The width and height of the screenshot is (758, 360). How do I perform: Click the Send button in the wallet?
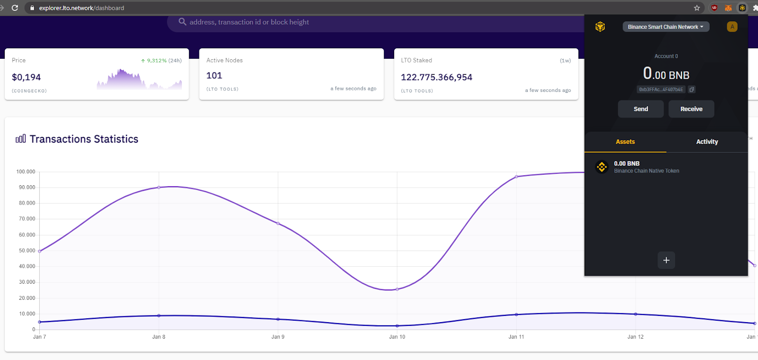click(x=641, y=109)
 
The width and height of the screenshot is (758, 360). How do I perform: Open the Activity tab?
click(x=707, y=142)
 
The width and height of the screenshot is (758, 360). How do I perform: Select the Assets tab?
click(x=625, y=142)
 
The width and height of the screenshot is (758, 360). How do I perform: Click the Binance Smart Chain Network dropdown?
click(x=666, y=27)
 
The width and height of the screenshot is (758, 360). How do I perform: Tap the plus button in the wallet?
click(x=666, y=260)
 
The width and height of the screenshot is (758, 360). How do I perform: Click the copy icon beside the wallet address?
click(x=692, y=90)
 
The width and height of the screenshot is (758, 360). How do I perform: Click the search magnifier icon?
click(x=182, y=22)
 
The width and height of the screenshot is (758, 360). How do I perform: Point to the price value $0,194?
click(x=27, y=77)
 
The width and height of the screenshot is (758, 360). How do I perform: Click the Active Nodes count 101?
click(x=214, y=75)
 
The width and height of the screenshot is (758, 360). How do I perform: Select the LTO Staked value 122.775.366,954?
click(x=436, y=77)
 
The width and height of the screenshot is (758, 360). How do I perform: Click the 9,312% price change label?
click(x=156, y=61)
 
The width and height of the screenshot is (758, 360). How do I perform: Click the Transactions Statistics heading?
click(x=84, y=139)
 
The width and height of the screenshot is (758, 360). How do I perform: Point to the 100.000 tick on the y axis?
click(x=26, y=171)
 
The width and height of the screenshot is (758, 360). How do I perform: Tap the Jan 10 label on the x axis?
click(x=397, y=337)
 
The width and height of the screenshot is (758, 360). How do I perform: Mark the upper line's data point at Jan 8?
click(x=159, y=187)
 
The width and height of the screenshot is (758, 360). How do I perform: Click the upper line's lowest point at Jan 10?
click(x=397, y=289)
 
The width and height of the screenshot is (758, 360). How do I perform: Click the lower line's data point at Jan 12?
click(x=636, y=314)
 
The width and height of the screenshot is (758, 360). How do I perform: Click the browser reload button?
click(x=15, y=8)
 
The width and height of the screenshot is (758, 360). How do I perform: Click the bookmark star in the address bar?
click(x=697, y=8)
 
